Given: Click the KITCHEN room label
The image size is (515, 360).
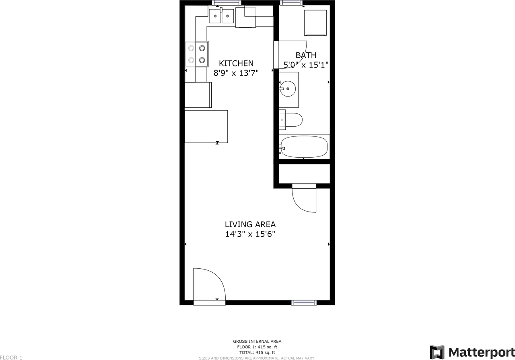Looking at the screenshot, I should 236,63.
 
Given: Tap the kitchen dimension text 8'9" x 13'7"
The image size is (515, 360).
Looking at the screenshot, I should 236,73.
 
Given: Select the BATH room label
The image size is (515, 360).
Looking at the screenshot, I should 306,55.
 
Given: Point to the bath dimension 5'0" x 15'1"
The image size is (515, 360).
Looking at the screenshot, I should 306,64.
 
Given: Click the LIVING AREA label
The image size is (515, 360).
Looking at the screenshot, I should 250,224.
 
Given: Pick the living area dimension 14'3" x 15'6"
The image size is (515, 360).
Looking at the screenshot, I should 250,234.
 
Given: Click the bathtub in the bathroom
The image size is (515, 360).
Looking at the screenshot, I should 304,147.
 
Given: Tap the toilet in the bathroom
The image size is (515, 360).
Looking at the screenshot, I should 291,120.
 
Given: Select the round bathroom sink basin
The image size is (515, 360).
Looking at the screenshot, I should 288,88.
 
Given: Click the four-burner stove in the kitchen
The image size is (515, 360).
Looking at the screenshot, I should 197,54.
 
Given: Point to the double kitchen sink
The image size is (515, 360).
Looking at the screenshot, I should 221,16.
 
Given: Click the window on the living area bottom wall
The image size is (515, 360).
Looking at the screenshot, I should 304,302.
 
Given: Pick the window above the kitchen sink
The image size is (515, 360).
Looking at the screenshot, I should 224,3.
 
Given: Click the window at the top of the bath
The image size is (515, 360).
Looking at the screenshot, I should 291,3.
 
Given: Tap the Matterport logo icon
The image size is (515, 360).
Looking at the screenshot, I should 437,352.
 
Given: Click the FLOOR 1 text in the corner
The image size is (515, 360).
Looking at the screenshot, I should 11,357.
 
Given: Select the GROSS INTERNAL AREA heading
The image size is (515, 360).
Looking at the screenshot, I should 257,341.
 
